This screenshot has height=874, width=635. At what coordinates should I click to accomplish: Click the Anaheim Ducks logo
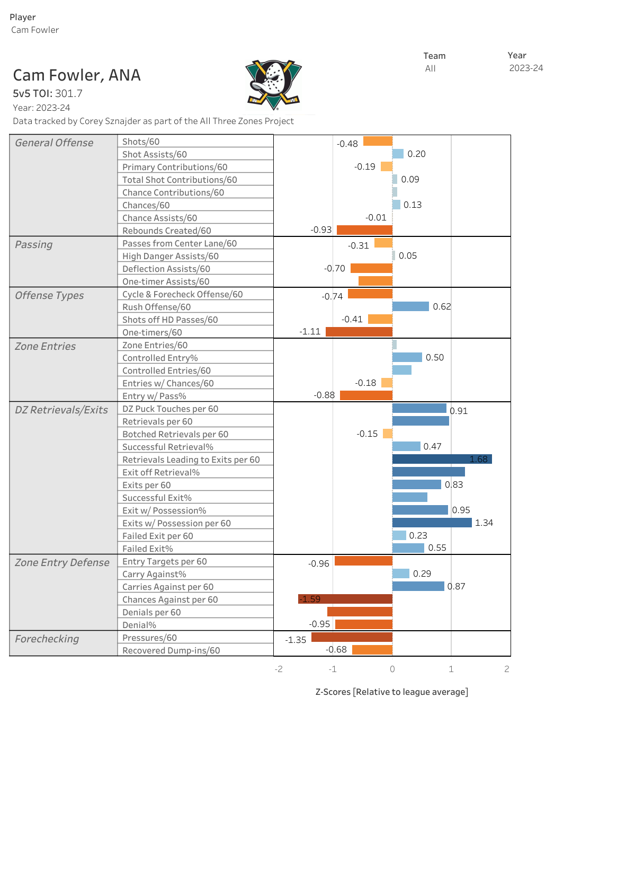tap(273, 85)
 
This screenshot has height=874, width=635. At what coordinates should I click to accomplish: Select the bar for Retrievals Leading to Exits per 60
tap(442, 459)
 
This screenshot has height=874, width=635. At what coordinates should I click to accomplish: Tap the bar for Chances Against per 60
tap(345, 599)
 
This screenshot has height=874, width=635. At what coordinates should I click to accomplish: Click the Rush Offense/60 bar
tap(410, 306)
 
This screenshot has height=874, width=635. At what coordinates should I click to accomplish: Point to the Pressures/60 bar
tap(352, 637)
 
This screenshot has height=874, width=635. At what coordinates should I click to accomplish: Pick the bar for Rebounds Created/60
tap(364, 230)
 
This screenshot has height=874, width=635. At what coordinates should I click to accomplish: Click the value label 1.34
tap(484, 523)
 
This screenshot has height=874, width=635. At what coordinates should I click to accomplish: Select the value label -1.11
tap(310, 332)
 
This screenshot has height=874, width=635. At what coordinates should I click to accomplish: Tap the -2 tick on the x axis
tap(279, 669)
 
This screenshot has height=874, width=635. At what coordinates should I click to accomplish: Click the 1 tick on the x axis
tap(451, 669)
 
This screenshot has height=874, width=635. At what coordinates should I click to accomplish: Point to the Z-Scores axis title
tap(391, 692)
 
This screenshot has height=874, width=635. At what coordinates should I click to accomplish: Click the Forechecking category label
tap(47, 639)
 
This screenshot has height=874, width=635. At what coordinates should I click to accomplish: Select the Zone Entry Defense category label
tap(62, 562)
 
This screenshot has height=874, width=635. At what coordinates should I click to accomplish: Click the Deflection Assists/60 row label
tap(166, 269)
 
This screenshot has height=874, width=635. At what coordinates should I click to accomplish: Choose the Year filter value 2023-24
tap(526, 68)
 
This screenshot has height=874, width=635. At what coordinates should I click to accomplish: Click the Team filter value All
tap(430, 68)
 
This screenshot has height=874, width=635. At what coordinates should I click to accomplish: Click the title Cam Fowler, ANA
tap(77, 75)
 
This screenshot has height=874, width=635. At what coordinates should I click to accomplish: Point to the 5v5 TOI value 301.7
tap(69, 94)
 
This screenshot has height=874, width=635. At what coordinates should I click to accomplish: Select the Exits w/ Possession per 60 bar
tap(432, 523)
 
